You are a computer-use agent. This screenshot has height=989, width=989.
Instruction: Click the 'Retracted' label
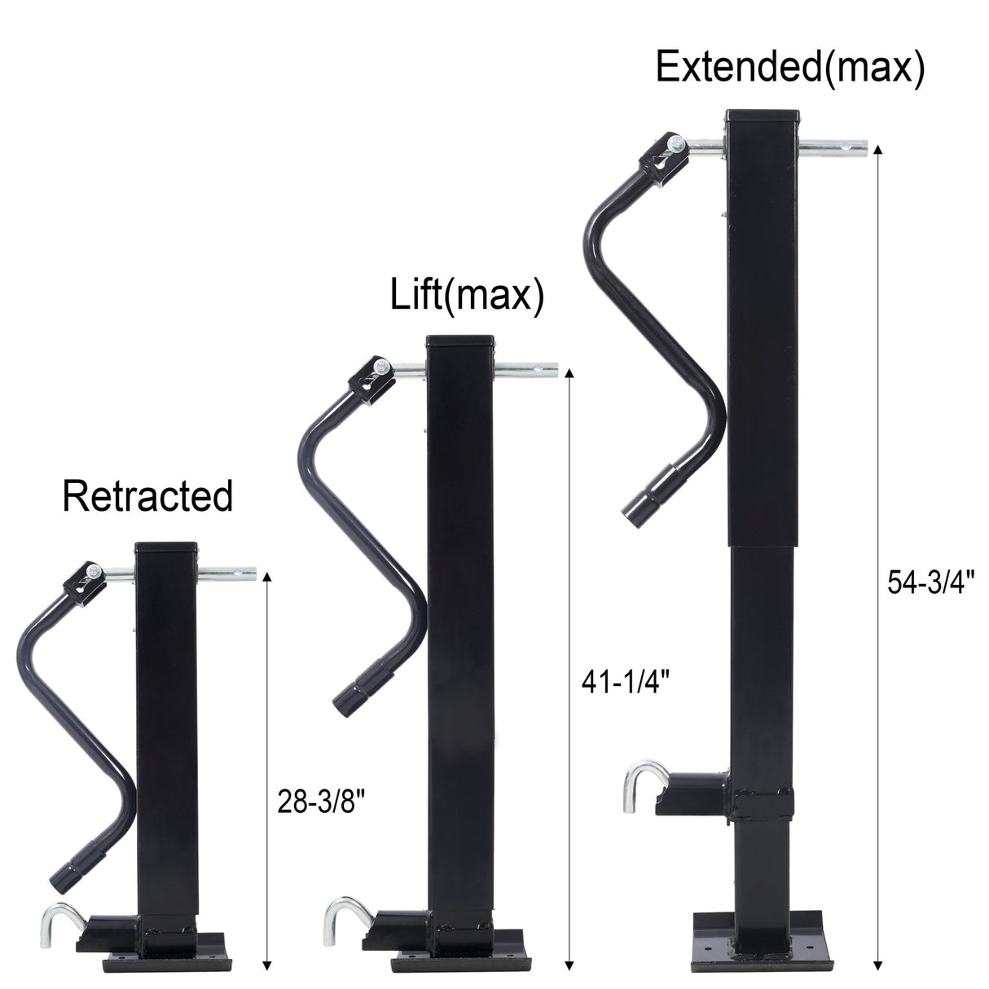(x=147, y=496)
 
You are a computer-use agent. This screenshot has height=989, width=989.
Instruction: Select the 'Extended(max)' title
(x=789, y=67)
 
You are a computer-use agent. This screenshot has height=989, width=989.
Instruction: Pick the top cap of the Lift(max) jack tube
(x=459, y=341)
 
